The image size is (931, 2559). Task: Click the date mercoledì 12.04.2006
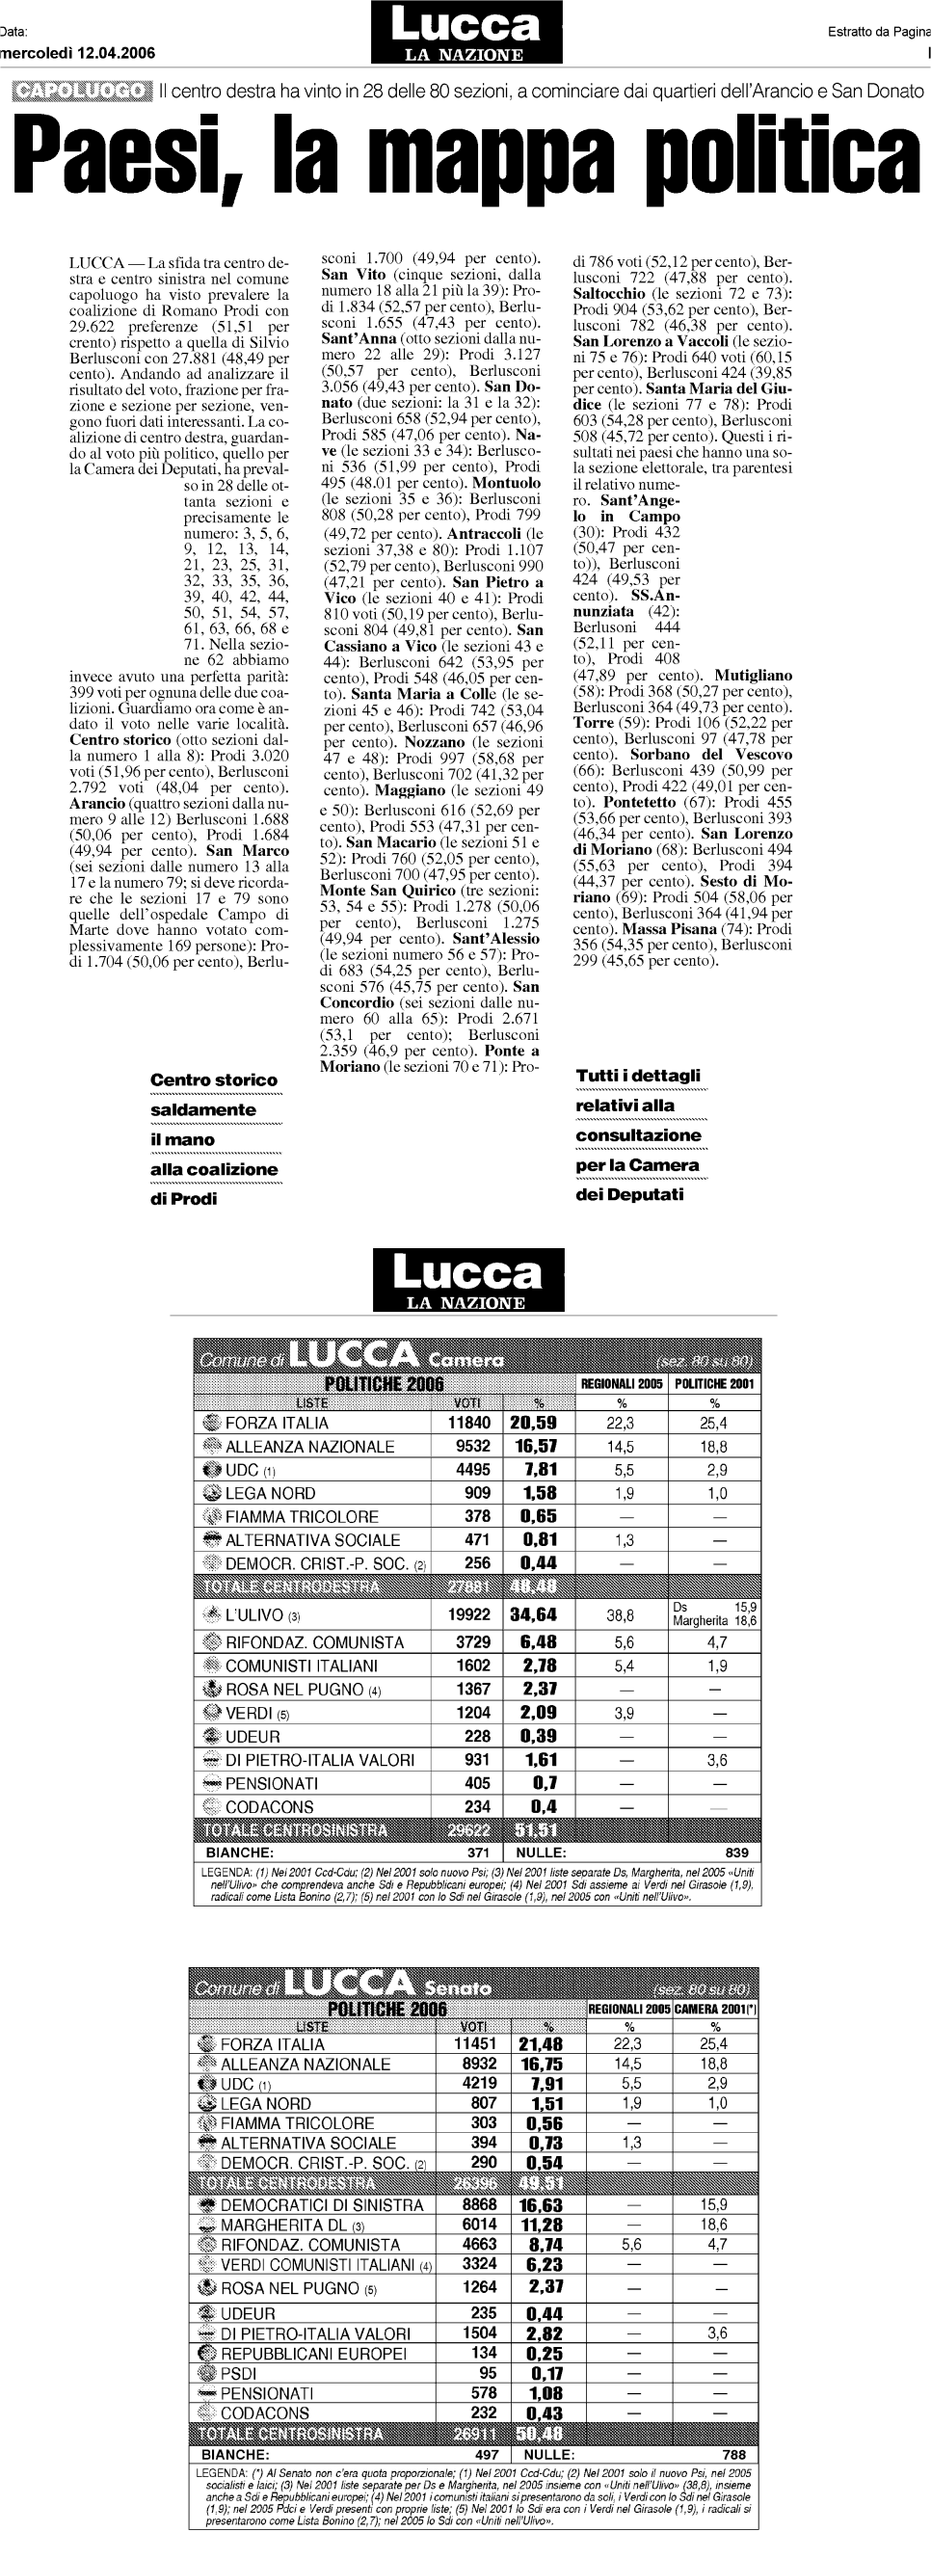click(77, 54)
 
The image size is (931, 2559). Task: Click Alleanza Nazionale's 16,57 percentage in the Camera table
click(535, 1447)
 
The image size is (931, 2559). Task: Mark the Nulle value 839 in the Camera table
click(736, 1852)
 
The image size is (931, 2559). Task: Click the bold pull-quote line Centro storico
click(214, 1080)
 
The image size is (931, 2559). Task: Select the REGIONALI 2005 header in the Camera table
click(621, 1383)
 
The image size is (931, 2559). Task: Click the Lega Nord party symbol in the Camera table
click(211, 1493)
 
